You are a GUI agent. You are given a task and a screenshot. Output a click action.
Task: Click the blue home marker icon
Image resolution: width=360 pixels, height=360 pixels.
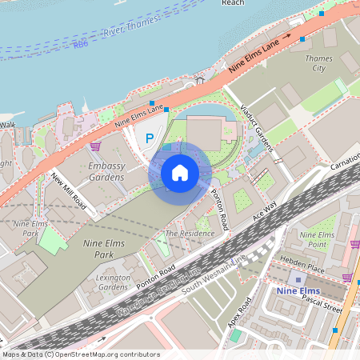180,173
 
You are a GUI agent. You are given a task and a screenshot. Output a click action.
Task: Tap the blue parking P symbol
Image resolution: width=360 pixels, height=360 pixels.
149,139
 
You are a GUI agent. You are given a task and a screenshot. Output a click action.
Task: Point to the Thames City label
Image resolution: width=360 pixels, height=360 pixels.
319,63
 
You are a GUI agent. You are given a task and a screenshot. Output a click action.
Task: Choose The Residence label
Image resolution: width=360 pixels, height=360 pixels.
190,233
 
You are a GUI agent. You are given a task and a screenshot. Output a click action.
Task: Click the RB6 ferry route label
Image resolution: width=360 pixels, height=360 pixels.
80,45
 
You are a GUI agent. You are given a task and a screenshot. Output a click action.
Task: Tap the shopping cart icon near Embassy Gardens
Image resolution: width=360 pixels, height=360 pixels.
96,146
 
